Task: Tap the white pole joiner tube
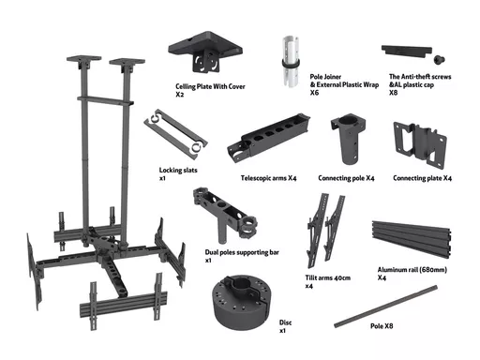(291, 61)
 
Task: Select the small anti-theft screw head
(439, 59)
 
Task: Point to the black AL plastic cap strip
(406, 51)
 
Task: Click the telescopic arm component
(269, 137)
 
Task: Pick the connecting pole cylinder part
(348, 139)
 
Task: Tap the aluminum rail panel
(412, 238)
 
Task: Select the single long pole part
(385, 307)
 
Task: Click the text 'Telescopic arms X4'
(268, 178)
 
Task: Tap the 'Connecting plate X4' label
(422, 178)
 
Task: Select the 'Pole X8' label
(382, 326)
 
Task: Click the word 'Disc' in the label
(285, 322)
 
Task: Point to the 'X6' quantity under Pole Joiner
(314, 93)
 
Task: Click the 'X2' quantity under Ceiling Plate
(179, 95)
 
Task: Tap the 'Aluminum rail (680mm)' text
(412, 270)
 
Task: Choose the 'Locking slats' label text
(178, 171)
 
